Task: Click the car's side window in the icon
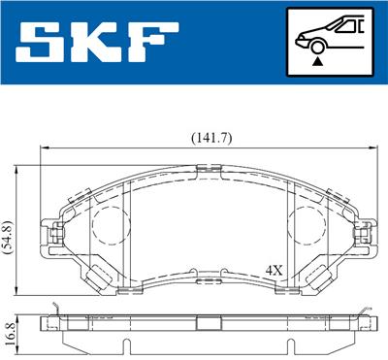point(341,26)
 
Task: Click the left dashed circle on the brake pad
point(109,225)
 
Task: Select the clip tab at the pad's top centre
point(207,172)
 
